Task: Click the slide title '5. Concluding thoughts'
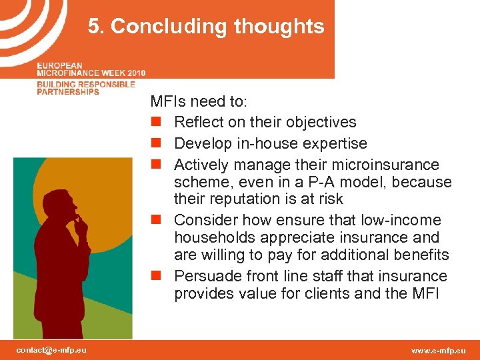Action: click(x=206, y=27)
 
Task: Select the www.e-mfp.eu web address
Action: click(x=439, y=350)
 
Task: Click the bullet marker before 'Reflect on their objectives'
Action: click(x=155, y=123)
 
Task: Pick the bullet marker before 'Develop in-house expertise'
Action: click(x=155, y=144)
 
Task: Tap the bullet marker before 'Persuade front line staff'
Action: click(x=155, y=277)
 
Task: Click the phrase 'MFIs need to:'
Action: click(x=198, y=102)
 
